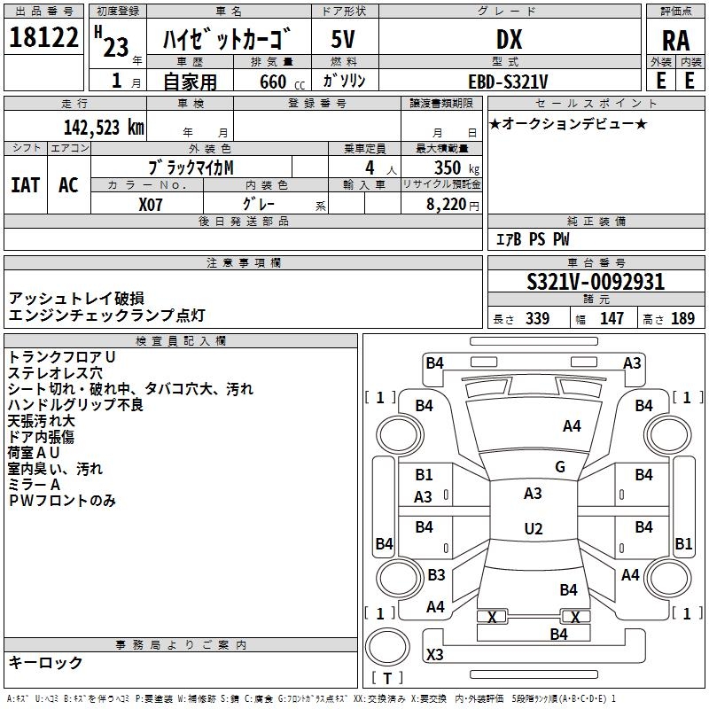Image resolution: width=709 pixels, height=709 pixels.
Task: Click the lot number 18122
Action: pos(43,37)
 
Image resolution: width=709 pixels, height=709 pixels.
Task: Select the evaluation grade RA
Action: pos(676,41)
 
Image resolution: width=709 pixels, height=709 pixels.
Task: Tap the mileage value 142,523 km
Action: pos(104,128)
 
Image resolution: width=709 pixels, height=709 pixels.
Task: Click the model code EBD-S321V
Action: pos(508,82)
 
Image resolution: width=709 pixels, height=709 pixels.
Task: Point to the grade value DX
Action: pos(509,40)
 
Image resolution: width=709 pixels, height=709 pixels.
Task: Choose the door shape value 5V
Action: pos(343,39)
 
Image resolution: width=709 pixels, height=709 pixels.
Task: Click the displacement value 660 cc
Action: pos(282,82)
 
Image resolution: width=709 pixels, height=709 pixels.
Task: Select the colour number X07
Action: pos(150,205)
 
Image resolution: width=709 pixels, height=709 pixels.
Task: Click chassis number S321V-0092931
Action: pos(596,282)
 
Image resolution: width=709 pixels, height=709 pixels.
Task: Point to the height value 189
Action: pos(682,318)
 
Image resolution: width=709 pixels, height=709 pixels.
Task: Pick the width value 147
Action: pos(612,318)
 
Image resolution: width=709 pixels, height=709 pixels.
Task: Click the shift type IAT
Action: pos(26,185)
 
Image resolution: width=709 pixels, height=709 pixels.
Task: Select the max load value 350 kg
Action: pos(456,168)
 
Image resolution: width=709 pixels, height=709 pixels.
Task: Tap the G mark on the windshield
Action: pos(560,466)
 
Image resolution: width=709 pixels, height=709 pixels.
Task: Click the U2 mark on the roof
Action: pos(534,528)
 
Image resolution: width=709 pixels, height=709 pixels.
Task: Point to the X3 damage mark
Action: pos(434,654)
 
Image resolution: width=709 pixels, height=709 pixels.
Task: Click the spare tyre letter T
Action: pos(387,678)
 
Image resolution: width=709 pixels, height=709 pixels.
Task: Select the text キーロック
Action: pos(45,662)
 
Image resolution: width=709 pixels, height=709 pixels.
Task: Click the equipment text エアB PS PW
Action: pos(533,239)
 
